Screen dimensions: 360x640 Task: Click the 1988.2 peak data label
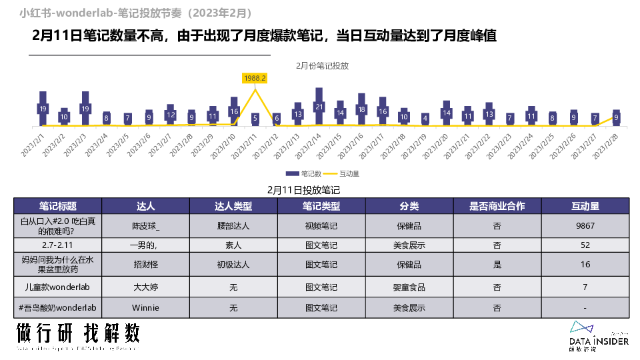pos(255,78)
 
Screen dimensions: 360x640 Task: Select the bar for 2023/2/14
pos(319,107)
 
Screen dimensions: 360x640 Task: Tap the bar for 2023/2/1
pos(43,109)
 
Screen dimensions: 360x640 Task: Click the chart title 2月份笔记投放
pos(323,66)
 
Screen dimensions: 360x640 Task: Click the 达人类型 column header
pos(233,206)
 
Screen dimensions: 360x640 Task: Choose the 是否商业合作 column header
pos(497,206)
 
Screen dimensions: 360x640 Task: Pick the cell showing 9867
pos(585,226)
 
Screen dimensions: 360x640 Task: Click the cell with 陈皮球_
pos(146,226)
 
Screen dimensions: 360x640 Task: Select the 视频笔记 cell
pos(321,226)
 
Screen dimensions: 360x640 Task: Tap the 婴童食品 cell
pos(409,288)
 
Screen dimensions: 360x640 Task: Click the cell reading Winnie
pos(146,308)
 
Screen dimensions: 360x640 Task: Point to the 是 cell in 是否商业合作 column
pos(497,265)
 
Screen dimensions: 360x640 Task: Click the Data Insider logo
pos(598,335)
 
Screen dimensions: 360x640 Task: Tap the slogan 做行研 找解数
pos(78,333)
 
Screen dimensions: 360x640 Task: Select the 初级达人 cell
pos(233,265)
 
